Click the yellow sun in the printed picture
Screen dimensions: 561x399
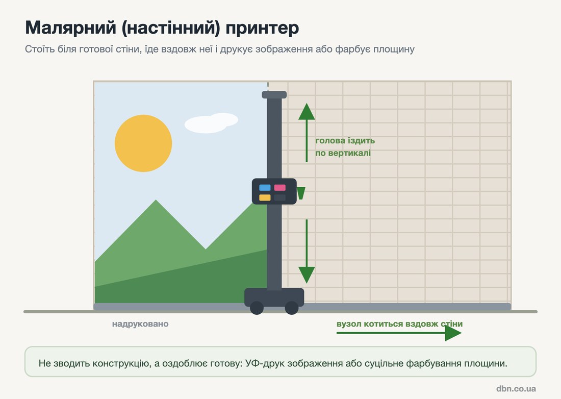click(x=143, y=143)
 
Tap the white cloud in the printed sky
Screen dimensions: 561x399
click(x=211, y=123)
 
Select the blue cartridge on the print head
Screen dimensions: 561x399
click(x=265, y=188)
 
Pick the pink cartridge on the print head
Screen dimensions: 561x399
click(x=280, y=188)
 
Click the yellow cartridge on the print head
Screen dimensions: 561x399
click(x=265, y=197)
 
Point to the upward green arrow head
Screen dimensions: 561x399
click(x=307, y=111)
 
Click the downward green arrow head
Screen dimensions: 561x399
click(x=307, y=275)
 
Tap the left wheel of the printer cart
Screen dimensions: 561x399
click(x=257, y=308)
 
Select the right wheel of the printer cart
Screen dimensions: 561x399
click(x=292, y=308)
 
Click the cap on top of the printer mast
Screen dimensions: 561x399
click(x=274, y=95)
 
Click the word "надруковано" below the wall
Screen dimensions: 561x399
click(x=140, y=324)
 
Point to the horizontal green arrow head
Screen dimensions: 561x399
click(x=453, y=333)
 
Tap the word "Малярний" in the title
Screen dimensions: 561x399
click(x=70, y=28)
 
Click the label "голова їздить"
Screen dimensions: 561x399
click(x=345, y=141)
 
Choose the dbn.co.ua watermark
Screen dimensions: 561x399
click(x=516, y=389)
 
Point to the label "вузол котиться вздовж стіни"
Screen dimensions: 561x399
click(x=399, y=324)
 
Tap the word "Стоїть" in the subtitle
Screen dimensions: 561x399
click(x=40, y=49)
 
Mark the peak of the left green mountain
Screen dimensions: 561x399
click(x=156, y=200)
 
